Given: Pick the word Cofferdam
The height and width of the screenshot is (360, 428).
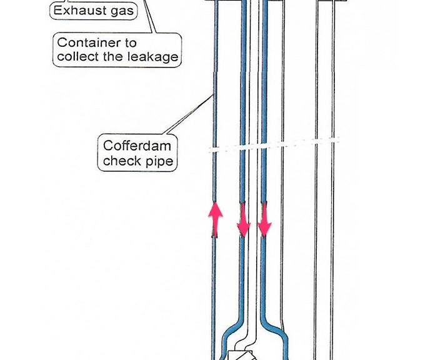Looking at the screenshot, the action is pyautogui.click(x=137, y=146).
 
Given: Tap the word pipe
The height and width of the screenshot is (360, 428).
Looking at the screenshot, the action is pyautogui.click(x=159, y=161).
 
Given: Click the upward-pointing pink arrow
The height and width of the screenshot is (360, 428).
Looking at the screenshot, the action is pyautogui.click(x=216, y=219).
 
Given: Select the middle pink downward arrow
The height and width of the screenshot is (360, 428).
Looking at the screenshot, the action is pyautogui.click(x=244, y=219).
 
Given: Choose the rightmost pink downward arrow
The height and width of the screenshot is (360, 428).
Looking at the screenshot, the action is pyautogui.click(x=264, y=219).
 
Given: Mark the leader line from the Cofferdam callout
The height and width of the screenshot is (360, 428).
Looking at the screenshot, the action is pyautogui.click(x=188, y=114).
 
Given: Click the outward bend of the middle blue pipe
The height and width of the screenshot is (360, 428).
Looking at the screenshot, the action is pyautogui.click(x=232, y=327).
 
